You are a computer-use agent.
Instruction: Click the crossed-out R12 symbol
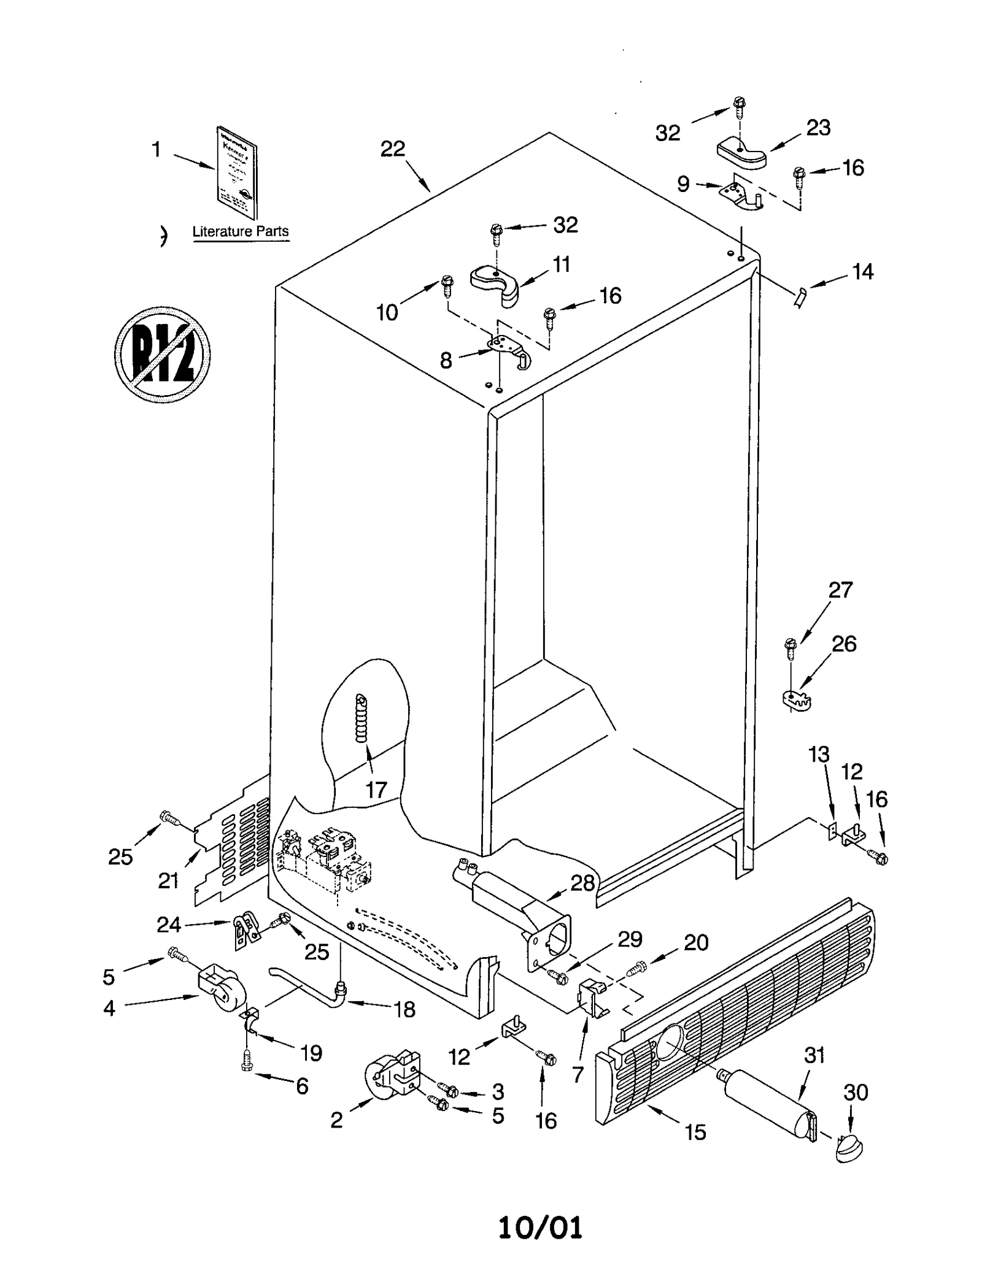click(162, 355)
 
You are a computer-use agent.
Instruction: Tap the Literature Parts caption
click(240, 232)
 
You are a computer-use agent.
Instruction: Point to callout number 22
click(393, 148)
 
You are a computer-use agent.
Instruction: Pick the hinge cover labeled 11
click(496, 283)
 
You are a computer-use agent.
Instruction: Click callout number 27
click(840, 590)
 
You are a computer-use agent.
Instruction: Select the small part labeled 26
click(797, 698)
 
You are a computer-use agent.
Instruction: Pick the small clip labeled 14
click(799, 298)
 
